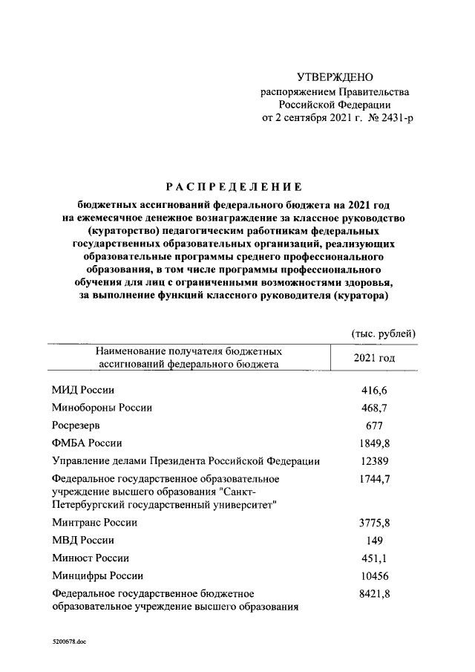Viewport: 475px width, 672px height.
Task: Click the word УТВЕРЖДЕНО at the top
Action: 335,77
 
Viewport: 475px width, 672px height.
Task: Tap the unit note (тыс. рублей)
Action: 383,333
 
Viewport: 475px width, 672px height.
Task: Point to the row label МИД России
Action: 83,390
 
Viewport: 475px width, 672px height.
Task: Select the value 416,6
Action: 373,390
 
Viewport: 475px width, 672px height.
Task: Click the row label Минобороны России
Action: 102,408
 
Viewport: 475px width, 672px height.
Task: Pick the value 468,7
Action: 373,408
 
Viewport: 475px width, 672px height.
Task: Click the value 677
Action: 373,425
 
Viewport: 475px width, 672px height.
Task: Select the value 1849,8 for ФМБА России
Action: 373,443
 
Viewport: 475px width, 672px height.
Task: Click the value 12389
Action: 373,461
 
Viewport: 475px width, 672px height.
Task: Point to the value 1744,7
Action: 373,479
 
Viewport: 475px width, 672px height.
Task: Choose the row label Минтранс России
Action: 95,523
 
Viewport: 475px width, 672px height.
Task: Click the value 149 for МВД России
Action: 373,541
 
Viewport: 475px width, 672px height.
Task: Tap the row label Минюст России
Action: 91,558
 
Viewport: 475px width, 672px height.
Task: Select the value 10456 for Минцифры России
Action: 373,576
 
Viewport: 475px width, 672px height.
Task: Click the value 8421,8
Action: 373,594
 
